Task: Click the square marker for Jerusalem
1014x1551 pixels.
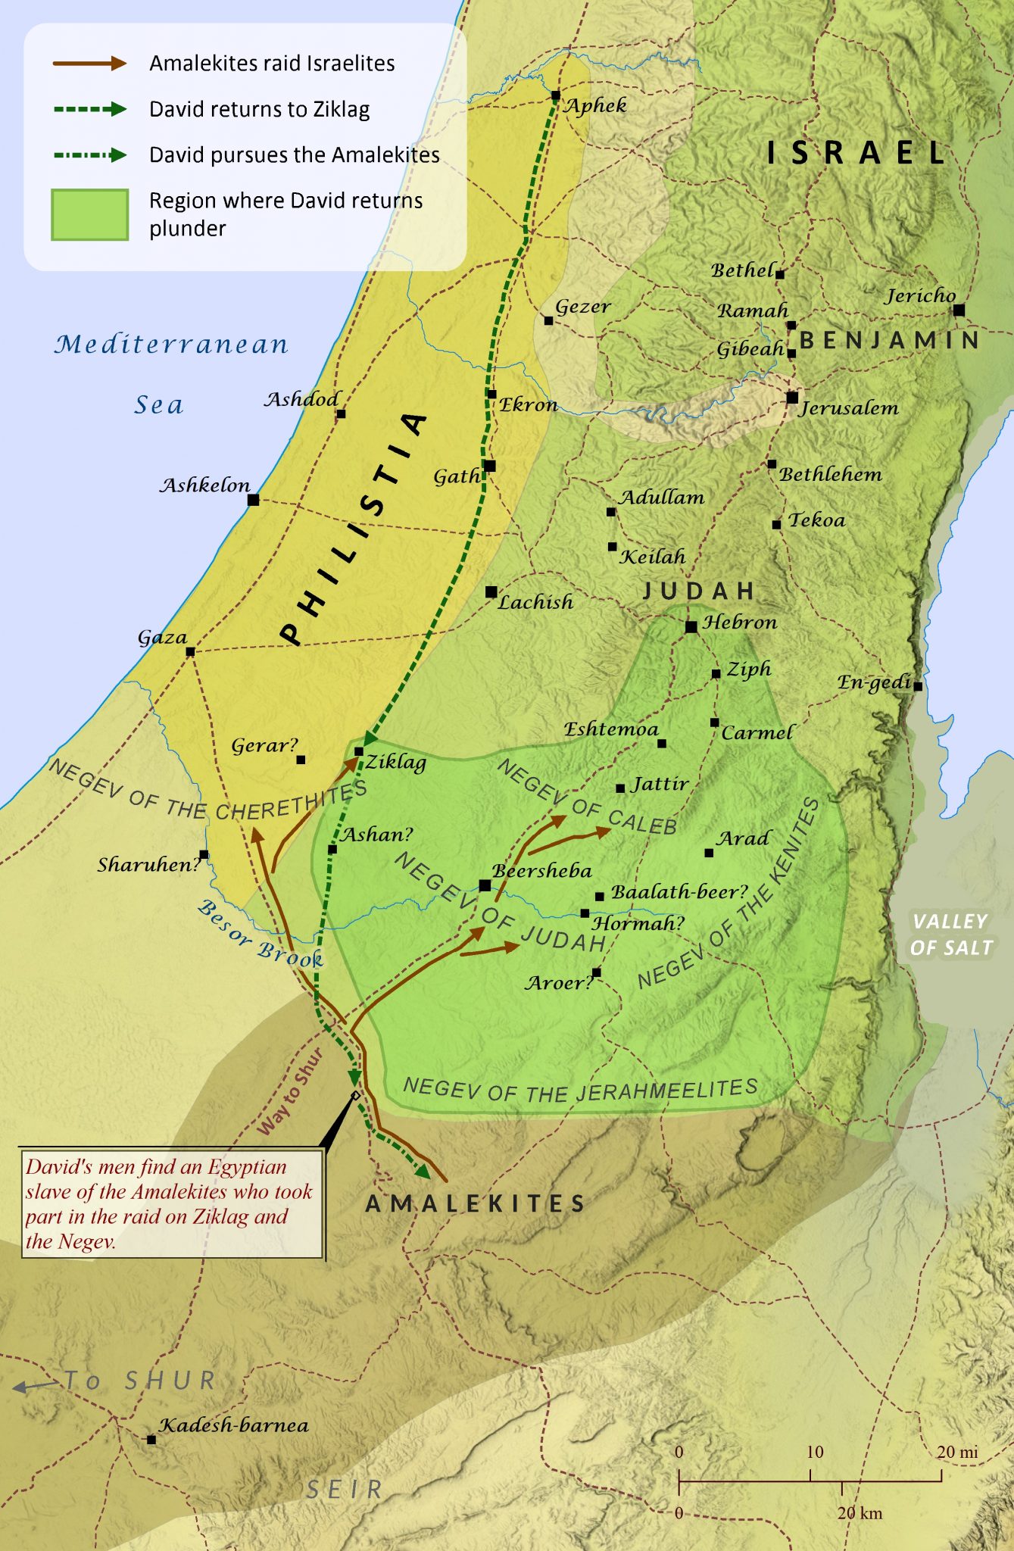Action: [x=792, y=398]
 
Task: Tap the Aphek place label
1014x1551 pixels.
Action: [x=596, y=105]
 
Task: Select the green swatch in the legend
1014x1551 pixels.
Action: [x=89, y=215]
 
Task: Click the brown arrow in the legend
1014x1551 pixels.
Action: [x=89, y=64]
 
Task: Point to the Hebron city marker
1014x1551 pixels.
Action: [x=691, y=627]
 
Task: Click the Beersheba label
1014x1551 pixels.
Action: [x=542, y=871]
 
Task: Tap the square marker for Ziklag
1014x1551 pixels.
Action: [x=359, y=751]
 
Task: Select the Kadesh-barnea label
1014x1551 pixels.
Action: [x=234, y=1425]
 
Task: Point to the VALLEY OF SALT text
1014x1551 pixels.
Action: [x=951, y=935]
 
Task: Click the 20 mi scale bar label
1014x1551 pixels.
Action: [x=957, y=1452]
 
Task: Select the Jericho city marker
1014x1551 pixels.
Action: [x=959, y=310]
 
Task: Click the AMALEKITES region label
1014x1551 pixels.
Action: [x=476, y=1203]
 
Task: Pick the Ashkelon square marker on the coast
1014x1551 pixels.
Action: [x=254, y=500]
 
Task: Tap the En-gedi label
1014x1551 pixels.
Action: [x=873, y=682]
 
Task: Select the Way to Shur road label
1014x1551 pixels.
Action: [x=290, y=1091]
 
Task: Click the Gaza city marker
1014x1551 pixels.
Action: [x=190, y=651]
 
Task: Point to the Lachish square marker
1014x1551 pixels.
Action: [x=491, y=591]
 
